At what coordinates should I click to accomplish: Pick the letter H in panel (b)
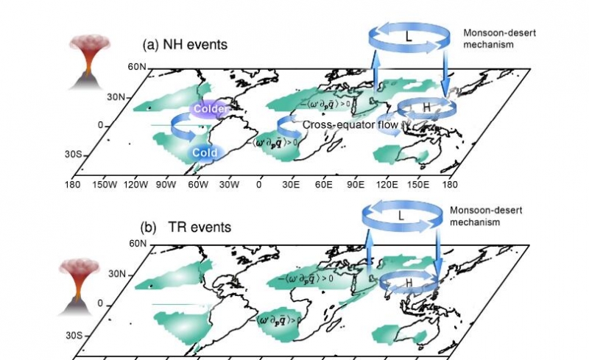coord(408,282)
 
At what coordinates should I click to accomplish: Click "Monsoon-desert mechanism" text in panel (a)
coord(492,39)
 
